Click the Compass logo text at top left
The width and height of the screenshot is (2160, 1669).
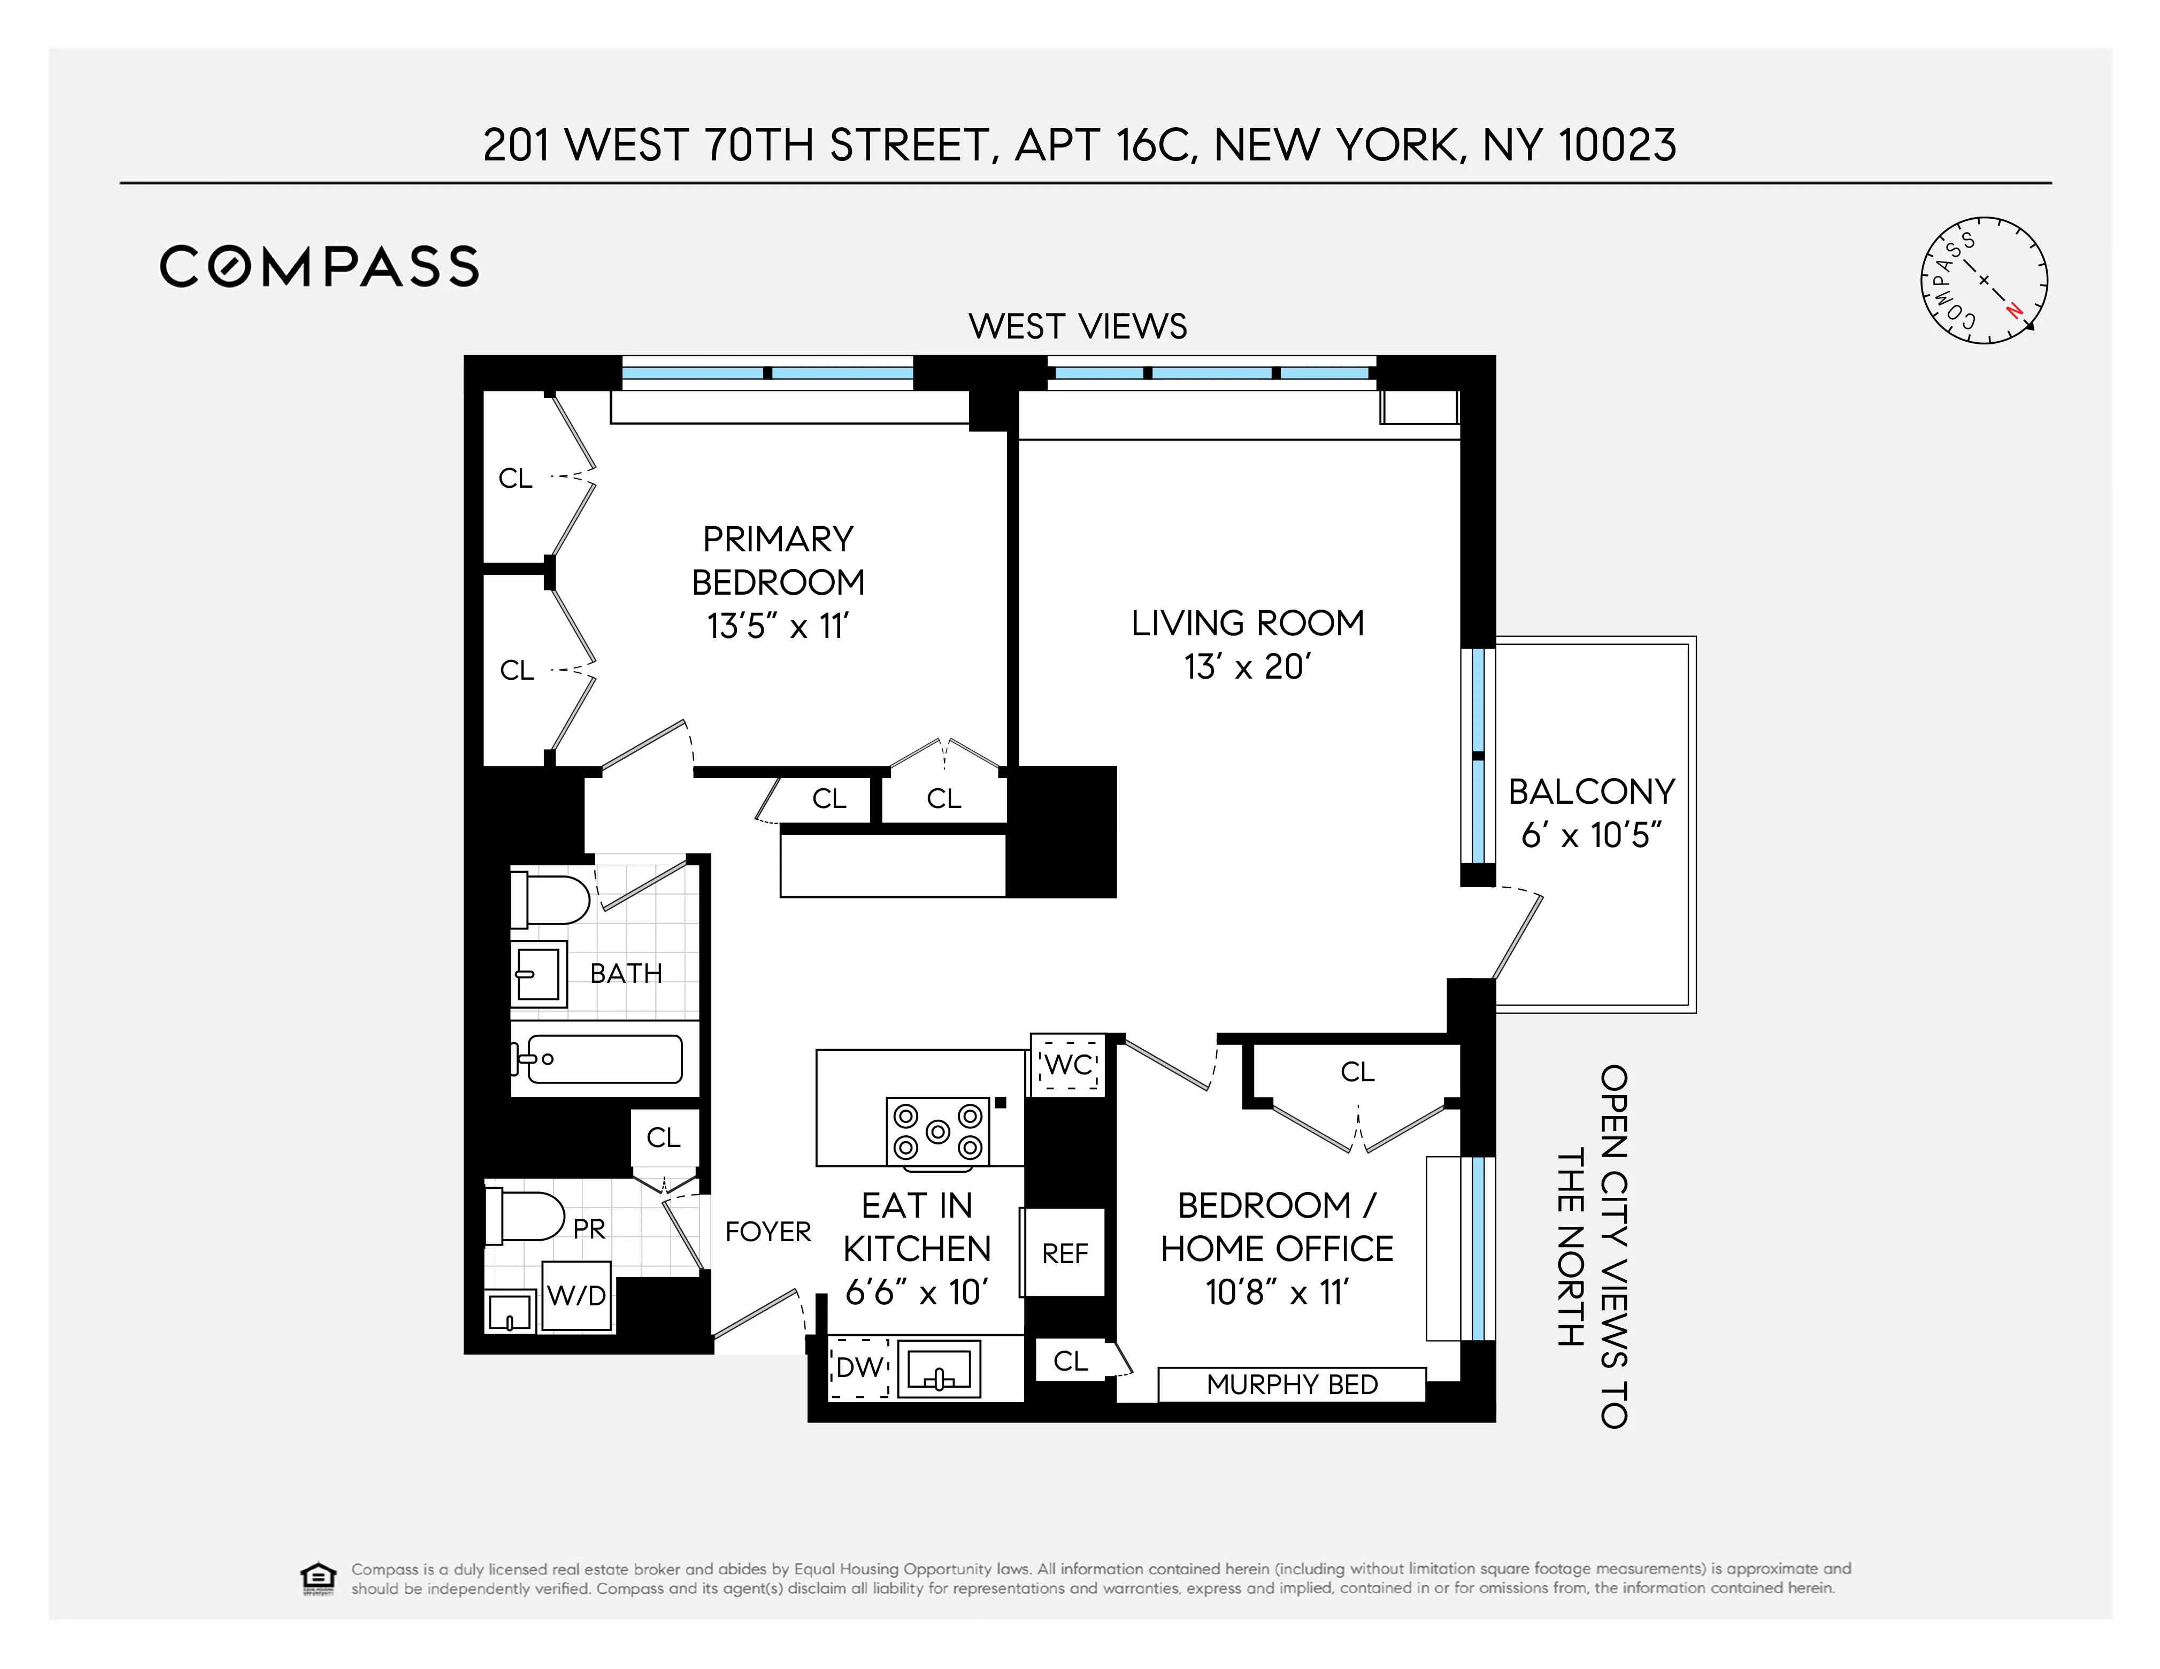pyautogui.click(x=318, y=267)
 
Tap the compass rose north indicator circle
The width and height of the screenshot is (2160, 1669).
pyautogui.click(x=1984, y=281)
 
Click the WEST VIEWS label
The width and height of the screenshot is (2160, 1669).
pyautogui.click(x=1077, y=326)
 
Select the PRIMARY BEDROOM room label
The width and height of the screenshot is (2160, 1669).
pyautogui.click(x=778, y=560)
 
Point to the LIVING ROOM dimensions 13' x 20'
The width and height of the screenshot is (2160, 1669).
pyautogui.click(x=1247, y=667)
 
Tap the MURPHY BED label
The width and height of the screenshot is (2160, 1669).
pyautogui.click(x=1292, y=1385)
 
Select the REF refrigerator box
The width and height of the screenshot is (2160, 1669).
pyautogui.click(x=1064, y=1253)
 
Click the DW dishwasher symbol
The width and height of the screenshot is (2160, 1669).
pyautogui.click(x=858, y=1367)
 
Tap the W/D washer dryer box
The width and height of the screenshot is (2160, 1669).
pyautogui.click(x=576, y=1295)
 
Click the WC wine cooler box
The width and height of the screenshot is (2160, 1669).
pyautogui.click(x=1067, y=1065)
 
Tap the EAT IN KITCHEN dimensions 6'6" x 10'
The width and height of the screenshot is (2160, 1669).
pyautogui.click(x=916, y=1293)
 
